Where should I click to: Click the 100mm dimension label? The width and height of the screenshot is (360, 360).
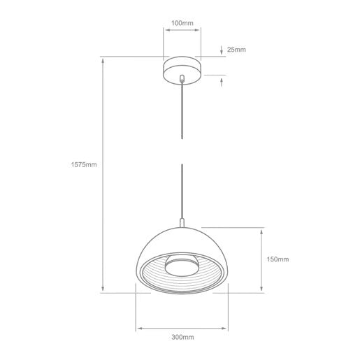tap(182, 22)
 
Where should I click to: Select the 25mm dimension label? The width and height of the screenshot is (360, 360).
tap(236, 50)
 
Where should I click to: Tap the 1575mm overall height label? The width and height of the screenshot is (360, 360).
tap(83, 165)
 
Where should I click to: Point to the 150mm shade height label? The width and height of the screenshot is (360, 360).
tap(278, 259)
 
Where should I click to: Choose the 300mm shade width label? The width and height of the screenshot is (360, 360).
tap(182, 338)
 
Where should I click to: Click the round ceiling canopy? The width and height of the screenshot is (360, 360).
tap(182, 70)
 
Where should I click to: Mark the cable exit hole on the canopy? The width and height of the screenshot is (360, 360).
tap(182, 78)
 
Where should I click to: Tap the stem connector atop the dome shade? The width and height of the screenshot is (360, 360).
tap(182, 224)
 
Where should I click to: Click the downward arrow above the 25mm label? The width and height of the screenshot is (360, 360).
tap(222, 50)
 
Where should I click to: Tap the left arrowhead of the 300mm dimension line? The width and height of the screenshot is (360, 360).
tap(138, 326)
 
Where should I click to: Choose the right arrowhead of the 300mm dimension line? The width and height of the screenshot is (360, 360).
tap(227, 326)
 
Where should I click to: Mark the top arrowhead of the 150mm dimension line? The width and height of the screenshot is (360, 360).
tap(261, 231)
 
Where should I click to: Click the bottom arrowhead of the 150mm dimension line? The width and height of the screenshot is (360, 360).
tap(261, 289)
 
